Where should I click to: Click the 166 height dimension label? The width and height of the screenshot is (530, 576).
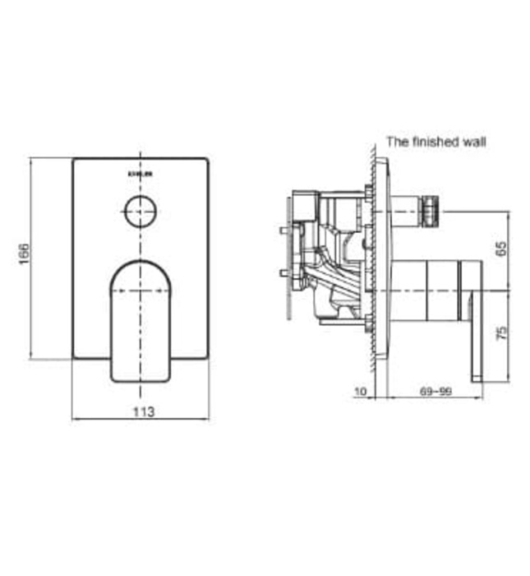25,258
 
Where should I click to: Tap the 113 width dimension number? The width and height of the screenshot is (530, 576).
141,410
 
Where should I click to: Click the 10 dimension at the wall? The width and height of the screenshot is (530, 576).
360,391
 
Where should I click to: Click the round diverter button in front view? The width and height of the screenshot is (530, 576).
141,212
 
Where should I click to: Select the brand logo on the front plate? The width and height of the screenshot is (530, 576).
141,174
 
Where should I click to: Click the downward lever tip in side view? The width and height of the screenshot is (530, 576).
477,362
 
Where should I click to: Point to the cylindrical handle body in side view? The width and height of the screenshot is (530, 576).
427,291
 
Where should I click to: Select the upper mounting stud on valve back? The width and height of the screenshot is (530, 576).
285,230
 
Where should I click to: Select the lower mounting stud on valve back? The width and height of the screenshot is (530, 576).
285,272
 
